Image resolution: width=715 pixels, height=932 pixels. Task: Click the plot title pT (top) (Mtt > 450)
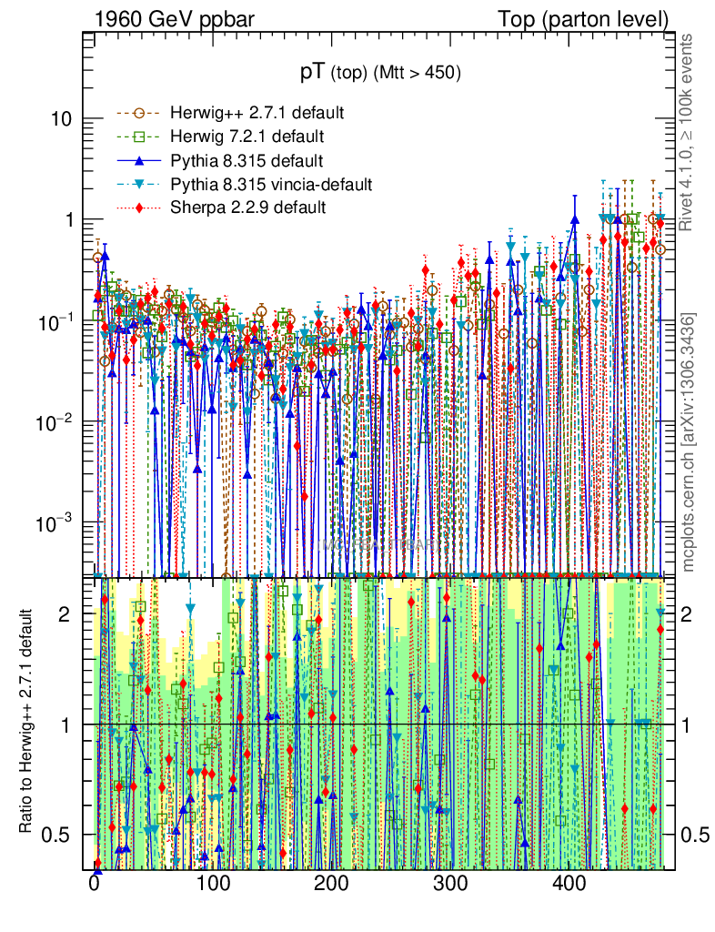pyautogui.click(x=381, y=73)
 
